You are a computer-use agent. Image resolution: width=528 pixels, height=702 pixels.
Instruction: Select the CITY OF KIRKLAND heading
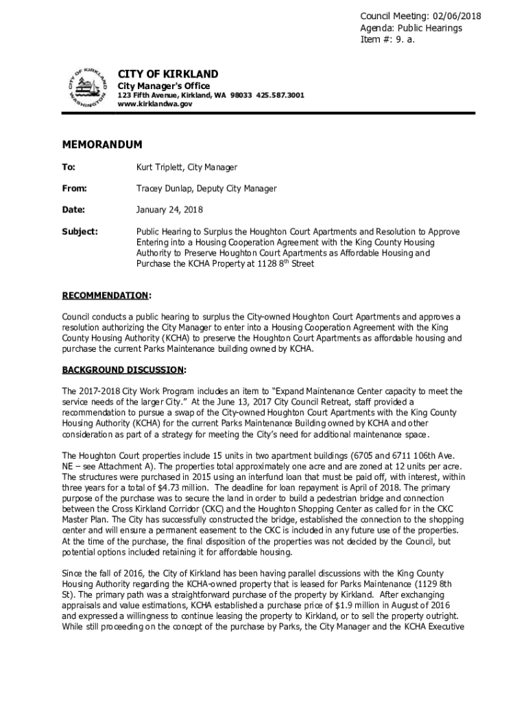point(168,74)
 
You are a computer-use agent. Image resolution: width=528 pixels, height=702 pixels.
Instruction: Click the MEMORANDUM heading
point(102,145)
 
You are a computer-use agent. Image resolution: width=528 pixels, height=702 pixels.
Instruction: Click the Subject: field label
point(80,232)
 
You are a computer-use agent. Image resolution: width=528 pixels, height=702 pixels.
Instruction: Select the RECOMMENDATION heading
point(105,295)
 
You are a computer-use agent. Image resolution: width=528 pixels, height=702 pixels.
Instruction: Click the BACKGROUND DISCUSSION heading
point(123,370)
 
